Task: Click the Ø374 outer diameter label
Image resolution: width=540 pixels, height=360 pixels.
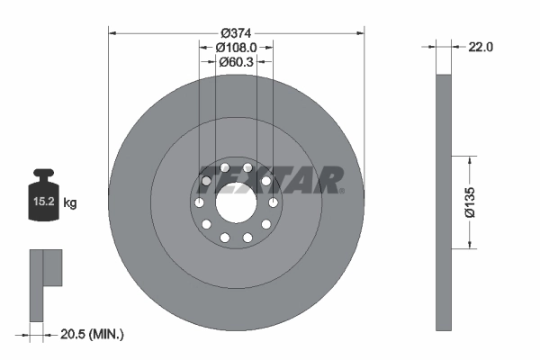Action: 237,22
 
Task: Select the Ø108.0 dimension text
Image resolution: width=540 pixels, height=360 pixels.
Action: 237,47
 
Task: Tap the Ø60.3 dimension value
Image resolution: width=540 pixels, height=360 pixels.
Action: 237,62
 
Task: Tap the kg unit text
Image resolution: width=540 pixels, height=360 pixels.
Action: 70,203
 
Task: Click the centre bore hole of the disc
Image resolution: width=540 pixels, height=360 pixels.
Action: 237,201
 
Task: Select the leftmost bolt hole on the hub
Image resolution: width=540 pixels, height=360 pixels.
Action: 195,202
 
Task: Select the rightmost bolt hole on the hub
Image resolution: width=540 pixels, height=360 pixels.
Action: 275,202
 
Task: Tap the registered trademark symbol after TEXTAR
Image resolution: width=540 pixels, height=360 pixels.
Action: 342,191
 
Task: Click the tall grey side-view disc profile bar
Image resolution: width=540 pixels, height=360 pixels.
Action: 442,202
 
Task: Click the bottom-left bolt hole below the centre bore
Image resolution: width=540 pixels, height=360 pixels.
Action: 223,237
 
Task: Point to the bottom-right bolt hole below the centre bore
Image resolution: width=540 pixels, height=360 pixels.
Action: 248,237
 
